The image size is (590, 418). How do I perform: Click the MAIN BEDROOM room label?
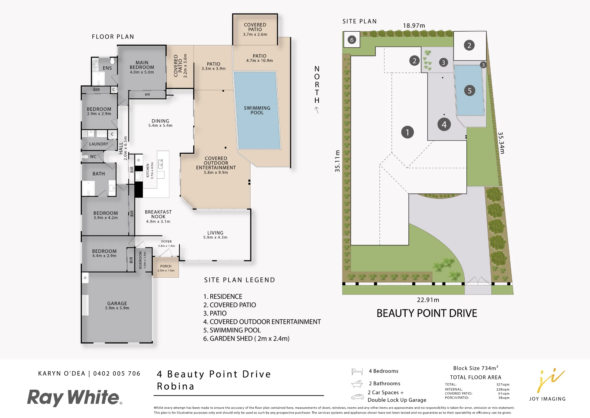(x=142, y=67)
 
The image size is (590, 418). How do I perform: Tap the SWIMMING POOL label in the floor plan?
(x=257, y=110)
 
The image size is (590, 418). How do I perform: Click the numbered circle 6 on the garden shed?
(x=352, y=40)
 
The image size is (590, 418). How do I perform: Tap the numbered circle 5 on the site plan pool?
(x=470, y=90)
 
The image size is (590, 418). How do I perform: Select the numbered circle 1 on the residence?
(x=407, y=132)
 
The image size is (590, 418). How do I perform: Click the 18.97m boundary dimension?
(x=414, y=26)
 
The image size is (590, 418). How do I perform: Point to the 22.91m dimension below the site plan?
(x=428, y=300)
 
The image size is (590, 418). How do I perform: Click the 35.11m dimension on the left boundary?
(x=337, y=161)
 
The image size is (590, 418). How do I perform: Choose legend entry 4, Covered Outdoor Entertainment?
(x=262, y=322)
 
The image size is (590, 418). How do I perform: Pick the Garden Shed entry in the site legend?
(x=246, y=339)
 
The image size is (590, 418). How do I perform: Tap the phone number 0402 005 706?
(x=117, y=373)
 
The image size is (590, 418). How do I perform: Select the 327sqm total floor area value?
(x=503, y=384)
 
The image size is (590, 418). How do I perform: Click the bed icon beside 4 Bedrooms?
(x=357, y=371)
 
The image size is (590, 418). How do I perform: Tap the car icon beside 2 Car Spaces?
(x=358, y=397)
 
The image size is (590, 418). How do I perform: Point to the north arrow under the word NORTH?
(x=317, y=110)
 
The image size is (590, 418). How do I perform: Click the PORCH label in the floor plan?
(x=166, y=266)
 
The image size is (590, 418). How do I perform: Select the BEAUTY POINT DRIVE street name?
(x=427, y=313)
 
